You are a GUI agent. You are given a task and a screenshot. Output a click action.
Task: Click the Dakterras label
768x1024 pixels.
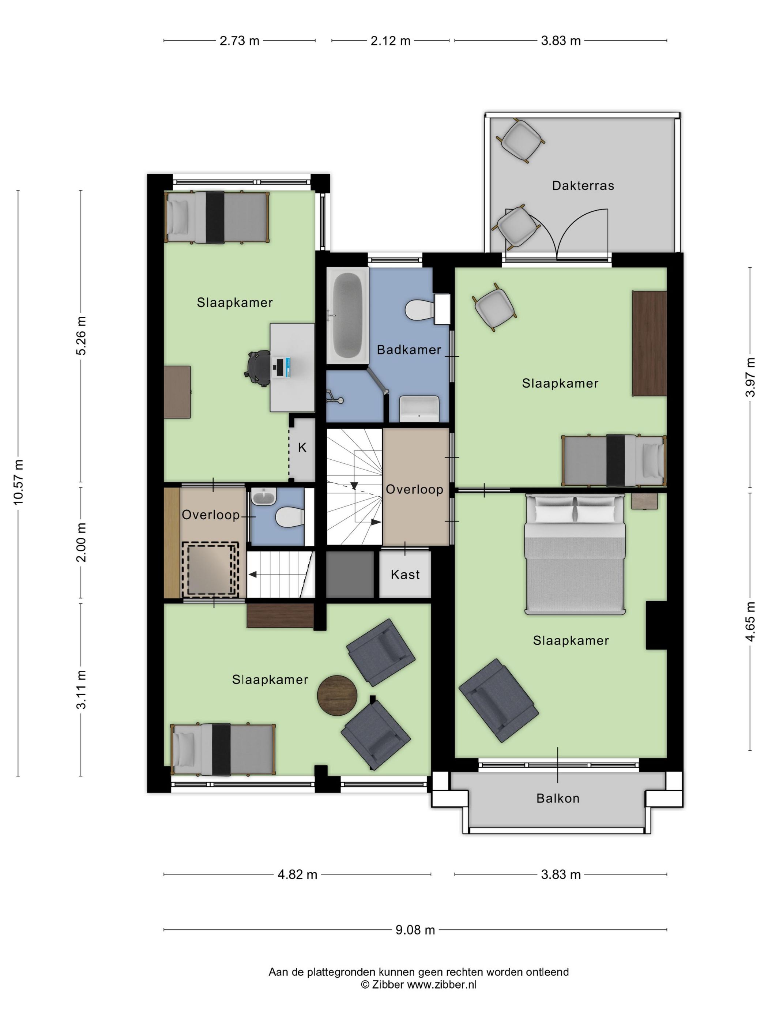[x=583, y=186]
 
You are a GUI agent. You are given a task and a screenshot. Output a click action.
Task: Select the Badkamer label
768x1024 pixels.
[x=409, y=350]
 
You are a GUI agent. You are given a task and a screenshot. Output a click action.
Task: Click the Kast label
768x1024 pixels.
[x=405, y=575]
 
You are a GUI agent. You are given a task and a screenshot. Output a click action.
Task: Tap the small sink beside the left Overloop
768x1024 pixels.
[x=264, y=498]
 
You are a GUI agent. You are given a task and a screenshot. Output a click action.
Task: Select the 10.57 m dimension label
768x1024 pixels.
[x=19, y=482]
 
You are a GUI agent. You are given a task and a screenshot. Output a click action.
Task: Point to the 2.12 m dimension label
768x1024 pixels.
[x=390, y=41]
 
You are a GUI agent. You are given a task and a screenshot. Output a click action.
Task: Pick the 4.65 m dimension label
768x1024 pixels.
[x=750, y=621]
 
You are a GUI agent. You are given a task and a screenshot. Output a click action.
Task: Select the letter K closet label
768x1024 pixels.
[x=302, y=447]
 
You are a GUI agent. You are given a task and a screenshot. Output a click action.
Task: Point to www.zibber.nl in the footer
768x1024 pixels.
[x=441, y=984]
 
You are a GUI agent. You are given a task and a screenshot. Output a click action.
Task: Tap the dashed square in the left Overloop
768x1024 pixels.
[x=210, y=569]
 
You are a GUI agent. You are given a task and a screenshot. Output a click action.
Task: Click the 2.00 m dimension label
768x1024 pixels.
[x=82, y=542]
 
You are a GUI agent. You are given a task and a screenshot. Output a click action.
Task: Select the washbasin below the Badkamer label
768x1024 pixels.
[x=419, y=408]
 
